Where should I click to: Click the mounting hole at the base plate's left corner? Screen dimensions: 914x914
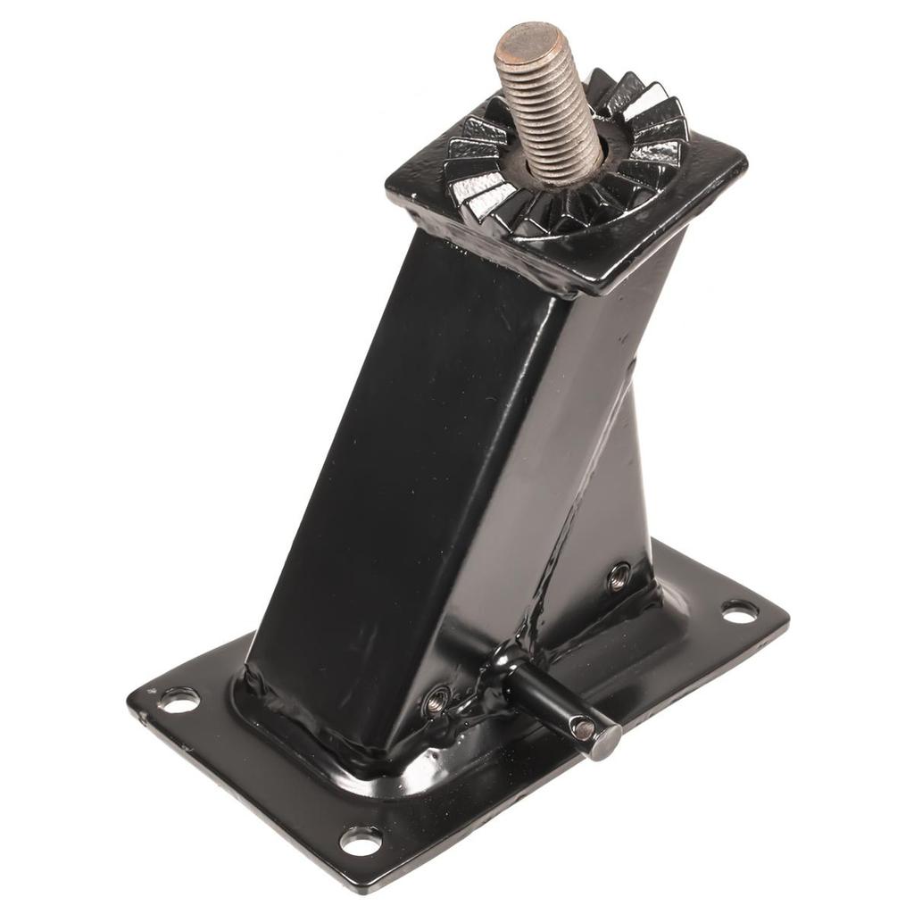click(x=179, y=700)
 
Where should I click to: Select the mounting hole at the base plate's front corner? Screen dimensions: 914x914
click(x=361, y=840)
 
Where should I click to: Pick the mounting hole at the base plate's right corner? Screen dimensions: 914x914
click(x=739, y=611)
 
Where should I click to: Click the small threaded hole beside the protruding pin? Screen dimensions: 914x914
click(x=436, y=702)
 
